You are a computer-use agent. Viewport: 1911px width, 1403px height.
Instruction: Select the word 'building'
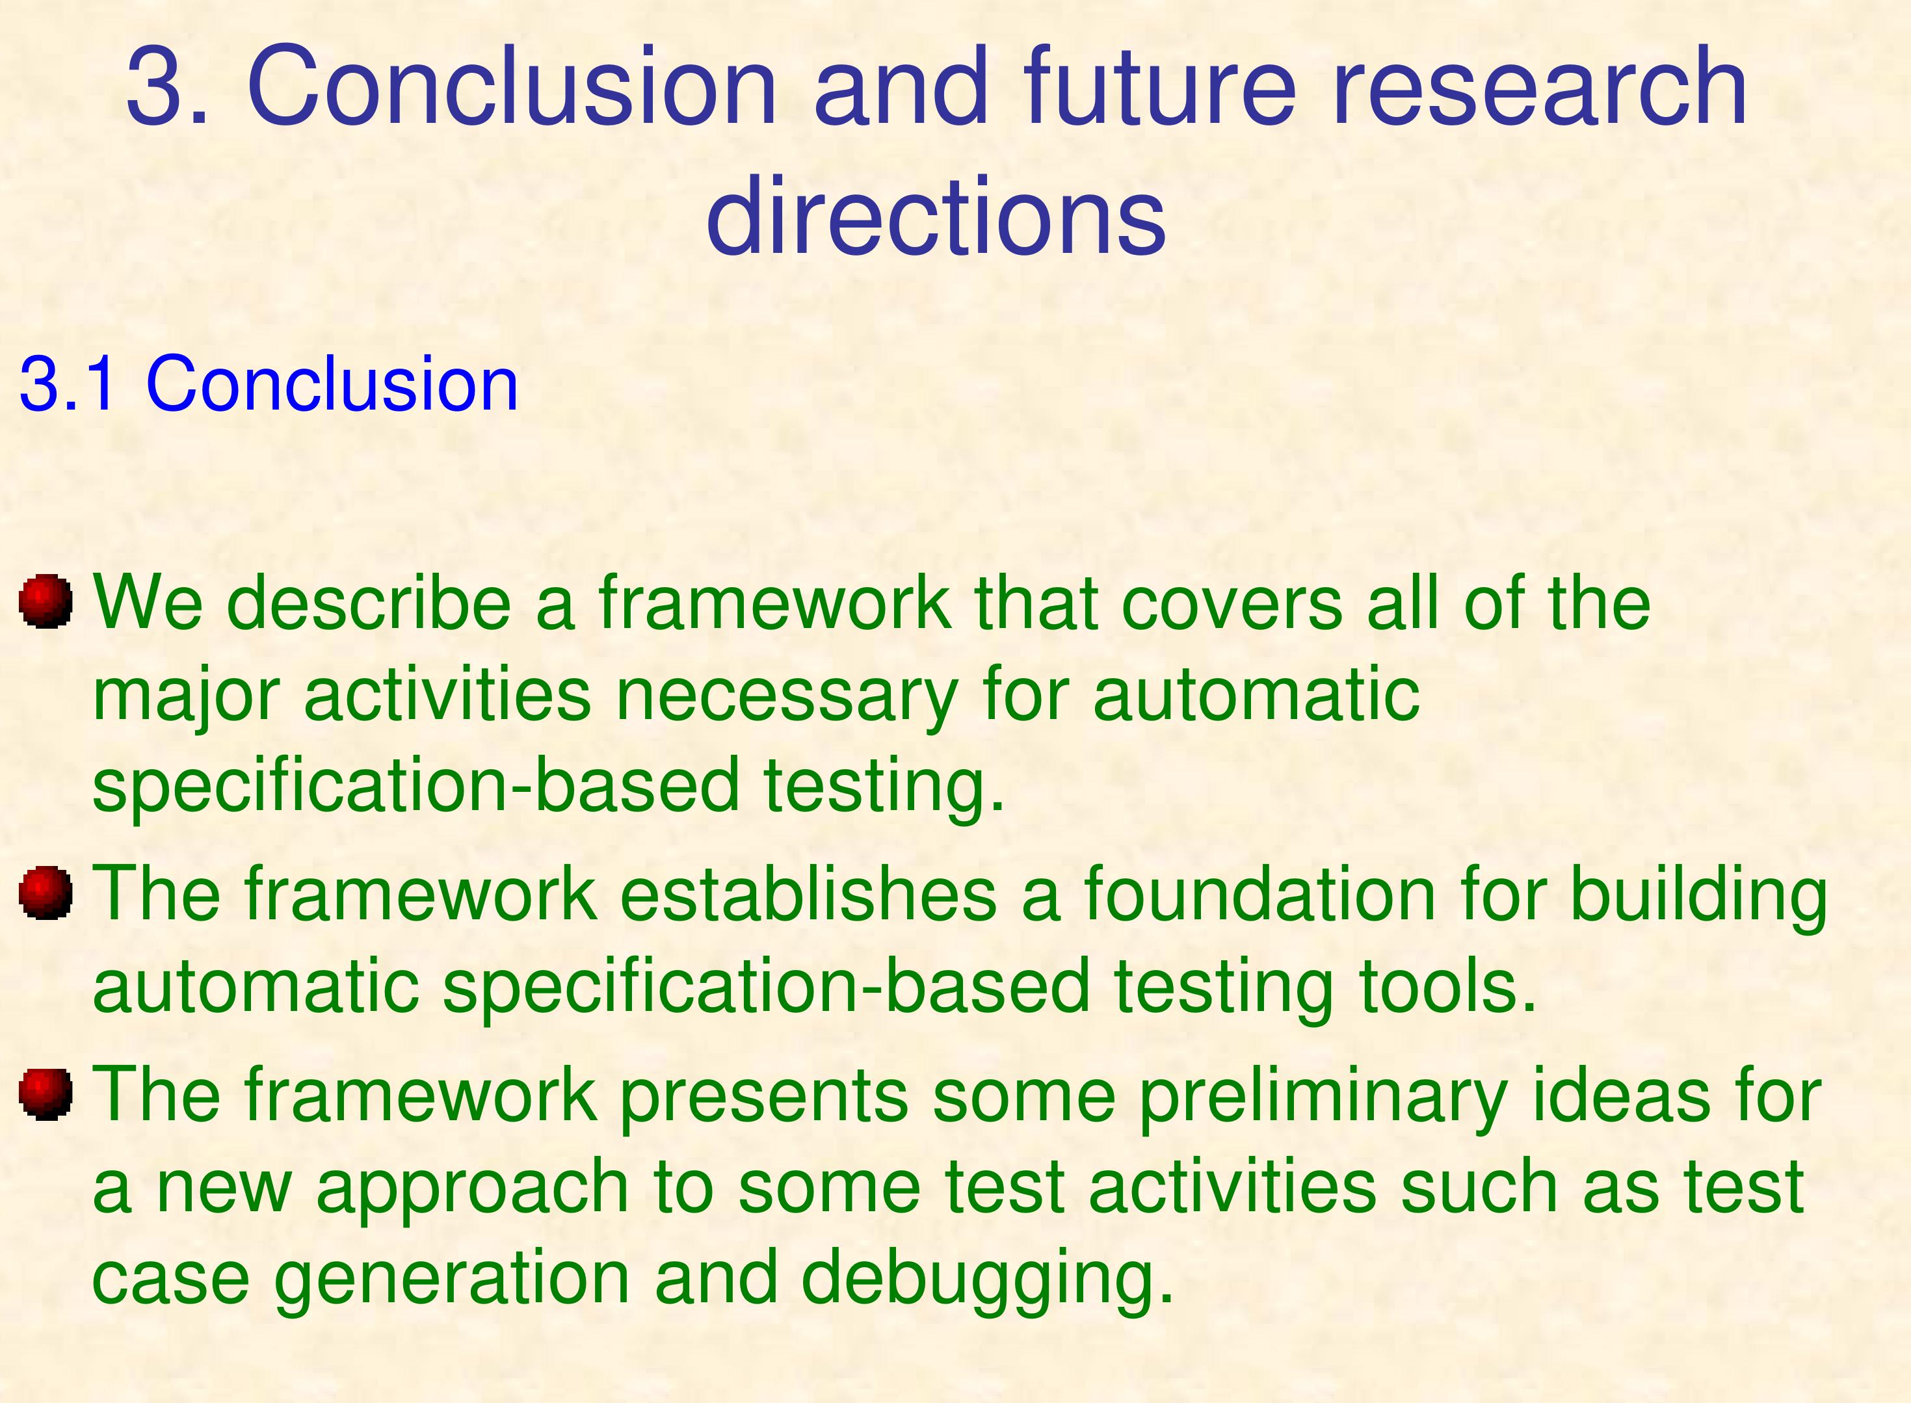(1698, 896)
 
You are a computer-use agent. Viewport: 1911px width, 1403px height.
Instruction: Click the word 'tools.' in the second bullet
(1448, 986)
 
